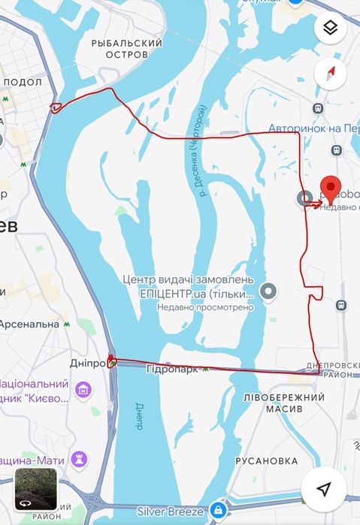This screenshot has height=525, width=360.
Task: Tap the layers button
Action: [x=330, y=29]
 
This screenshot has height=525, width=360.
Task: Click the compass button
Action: [x=330, y=73]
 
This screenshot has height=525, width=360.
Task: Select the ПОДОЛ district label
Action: [x=23, y=82]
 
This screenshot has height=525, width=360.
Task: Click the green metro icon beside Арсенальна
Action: [x=68, y=324]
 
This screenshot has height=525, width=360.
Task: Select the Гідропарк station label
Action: [x=171, y=369]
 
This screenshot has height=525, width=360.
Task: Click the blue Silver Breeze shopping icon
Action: [x=218, y=510]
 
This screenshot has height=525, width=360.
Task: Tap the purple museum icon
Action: [x=83, y=390]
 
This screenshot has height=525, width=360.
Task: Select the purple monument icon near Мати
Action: [x=77, y=457]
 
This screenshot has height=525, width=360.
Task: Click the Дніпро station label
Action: [x=89, y=363]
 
